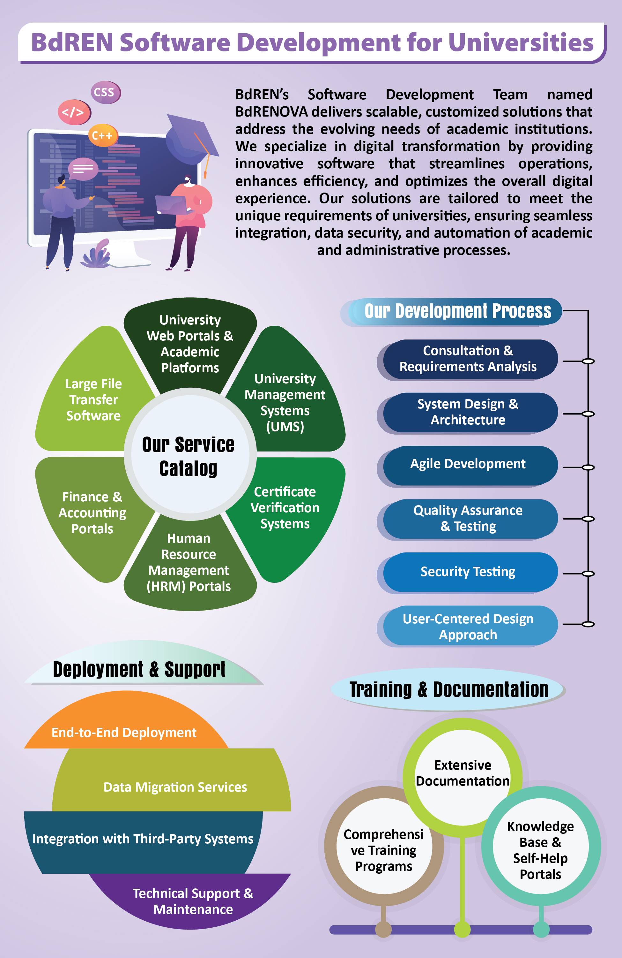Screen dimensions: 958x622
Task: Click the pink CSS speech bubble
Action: pos(105,92)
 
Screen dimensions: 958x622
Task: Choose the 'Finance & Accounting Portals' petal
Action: pos(92,513)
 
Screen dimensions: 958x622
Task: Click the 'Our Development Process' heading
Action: pos(457,311)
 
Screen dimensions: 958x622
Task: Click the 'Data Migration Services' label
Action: pos(175,787)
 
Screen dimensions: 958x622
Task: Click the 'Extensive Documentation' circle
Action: pos(463,773)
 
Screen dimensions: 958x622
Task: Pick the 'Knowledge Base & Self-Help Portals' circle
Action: pos(540,850)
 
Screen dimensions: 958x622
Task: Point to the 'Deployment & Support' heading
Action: pos(139,669)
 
